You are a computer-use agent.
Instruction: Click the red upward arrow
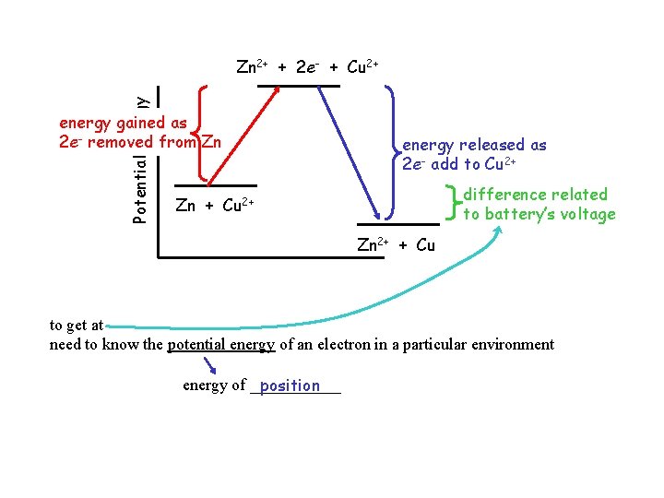click(x=240, y=133)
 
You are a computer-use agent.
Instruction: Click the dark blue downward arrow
click(x=349, y=148)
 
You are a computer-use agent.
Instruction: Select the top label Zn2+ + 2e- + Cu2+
click(x=307, y=67)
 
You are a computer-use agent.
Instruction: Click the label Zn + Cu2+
click(x=214, y=205)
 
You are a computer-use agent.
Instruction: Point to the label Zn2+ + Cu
click(x=396, y=245)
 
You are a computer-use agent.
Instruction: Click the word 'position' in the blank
click(x=290, y=386)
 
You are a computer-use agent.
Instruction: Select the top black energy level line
click(x=298, y=86)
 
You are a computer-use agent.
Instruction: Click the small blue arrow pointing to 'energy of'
click(x=209, y=367)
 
